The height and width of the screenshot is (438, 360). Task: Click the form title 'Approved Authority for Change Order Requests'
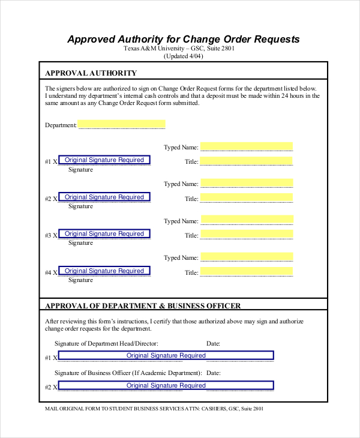183,40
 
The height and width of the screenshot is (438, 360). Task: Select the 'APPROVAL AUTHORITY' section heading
86,73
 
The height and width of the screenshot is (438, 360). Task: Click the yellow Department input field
121,125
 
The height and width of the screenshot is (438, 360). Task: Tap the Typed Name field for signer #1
247,147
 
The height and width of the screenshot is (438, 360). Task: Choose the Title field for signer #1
247,161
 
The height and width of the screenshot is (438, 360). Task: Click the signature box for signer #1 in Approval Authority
104,160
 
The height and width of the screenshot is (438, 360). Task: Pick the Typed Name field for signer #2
247,184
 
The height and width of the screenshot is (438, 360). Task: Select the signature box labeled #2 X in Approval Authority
104,197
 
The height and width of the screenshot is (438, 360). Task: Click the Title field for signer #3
247,235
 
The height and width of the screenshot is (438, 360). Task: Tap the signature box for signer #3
104,234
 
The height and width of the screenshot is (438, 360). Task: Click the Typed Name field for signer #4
247,257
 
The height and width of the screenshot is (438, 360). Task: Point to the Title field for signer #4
247,272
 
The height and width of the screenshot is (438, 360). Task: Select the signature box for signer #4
104,271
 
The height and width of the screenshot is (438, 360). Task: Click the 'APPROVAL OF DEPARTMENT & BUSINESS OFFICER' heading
143,305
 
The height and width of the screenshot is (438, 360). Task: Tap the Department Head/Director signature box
166,356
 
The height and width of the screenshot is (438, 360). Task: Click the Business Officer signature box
166,386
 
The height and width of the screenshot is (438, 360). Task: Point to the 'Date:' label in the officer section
213,344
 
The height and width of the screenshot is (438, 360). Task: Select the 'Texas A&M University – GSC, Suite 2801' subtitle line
183,49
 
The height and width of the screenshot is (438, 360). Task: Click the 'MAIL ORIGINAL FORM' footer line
154,409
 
